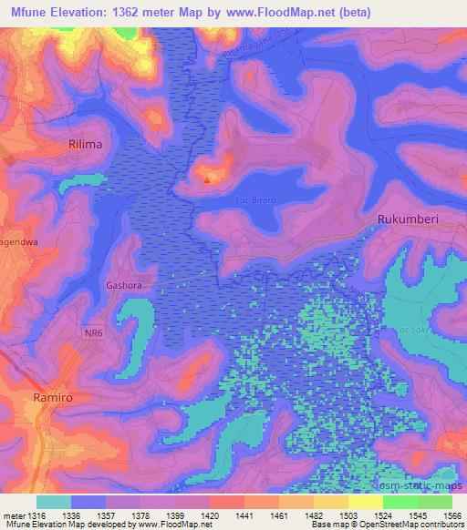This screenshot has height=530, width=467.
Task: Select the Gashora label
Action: click(126, 283)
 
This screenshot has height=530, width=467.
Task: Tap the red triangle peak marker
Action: click(207, 179)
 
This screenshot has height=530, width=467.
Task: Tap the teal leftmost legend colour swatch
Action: click(54, 502)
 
